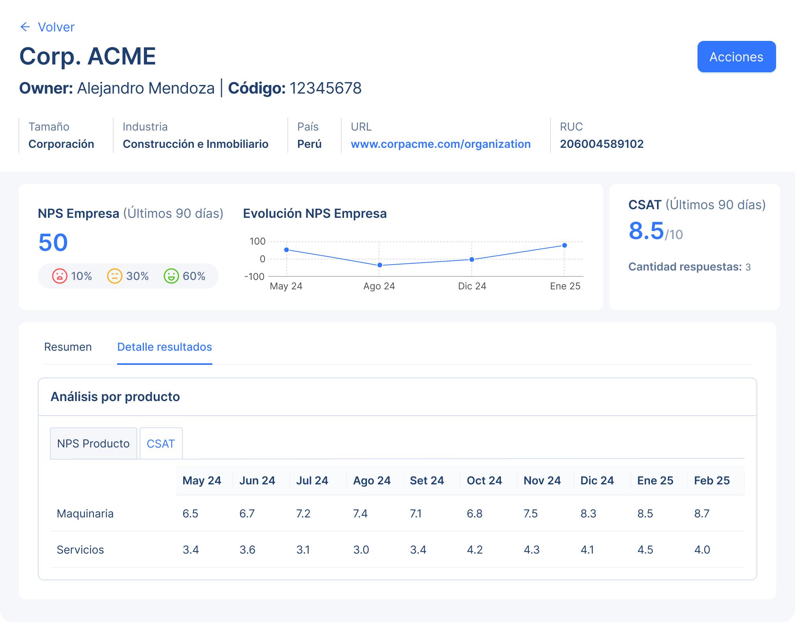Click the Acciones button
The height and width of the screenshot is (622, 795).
point(736,57)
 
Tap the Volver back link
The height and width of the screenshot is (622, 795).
point(48,27)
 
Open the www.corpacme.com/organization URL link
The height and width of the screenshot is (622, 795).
point(440,144)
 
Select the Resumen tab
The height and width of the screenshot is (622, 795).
point(68,347)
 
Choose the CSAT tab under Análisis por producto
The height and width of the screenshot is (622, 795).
point(160,443)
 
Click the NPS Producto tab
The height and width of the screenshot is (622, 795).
point(93,443)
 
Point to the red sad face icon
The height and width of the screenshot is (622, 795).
point(60,276)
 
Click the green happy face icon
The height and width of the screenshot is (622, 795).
point(171,276)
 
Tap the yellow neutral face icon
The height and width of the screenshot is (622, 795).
point(115,276)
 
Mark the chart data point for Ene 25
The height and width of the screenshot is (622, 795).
point(564,245)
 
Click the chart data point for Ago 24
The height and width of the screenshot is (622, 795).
point(379,265)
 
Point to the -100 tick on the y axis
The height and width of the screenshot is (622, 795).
point(254,276)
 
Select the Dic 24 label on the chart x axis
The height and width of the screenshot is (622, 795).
point(472,286)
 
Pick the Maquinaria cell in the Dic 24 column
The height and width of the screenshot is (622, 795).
point(588,513)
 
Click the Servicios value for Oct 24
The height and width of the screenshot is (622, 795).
point(475,550)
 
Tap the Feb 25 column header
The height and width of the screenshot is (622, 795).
point(712,480)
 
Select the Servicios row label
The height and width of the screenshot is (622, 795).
point(80,550)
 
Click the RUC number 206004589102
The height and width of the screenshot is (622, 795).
point(602,144)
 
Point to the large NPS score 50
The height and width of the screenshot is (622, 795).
point(53,242)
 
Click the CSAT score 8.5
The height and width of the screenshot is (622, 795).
point(646,231)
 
